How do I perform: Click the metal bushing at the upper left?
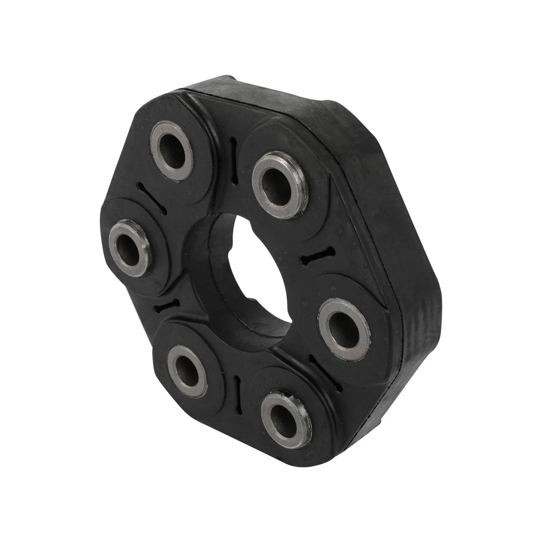172,151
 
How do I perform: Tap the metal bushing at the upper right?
280,185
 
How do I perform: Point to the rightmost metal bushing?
344,329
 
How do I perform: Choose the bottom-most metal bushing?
286,419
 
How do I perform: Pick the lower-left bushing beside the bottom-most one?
187,371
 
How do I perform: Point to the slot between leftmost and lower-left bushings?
167,306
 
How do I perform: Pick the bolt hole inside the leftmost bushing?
129,248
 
